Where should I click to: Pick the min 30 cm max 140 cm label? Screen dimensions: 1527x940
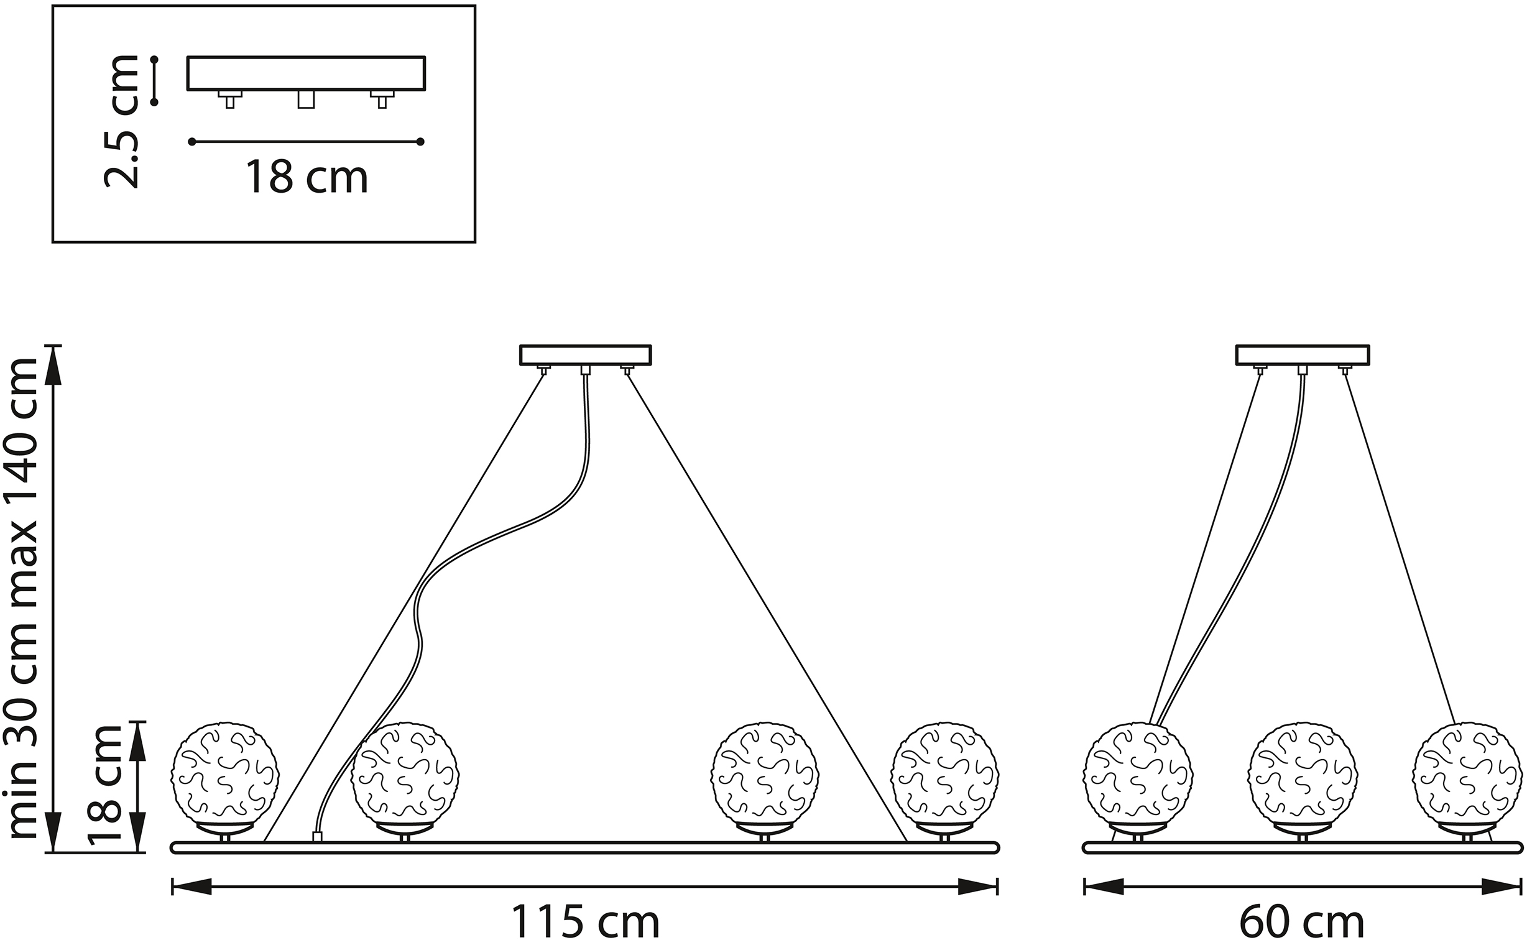pos(22,598)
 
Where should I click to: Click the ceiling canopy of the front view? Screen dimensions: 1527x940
pos(586,355)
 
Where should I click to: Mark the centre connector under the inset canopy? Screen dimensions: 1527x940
pos(306,99)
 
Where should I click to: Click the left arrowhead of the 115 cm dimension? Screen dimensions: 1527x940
pos(191,886)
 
